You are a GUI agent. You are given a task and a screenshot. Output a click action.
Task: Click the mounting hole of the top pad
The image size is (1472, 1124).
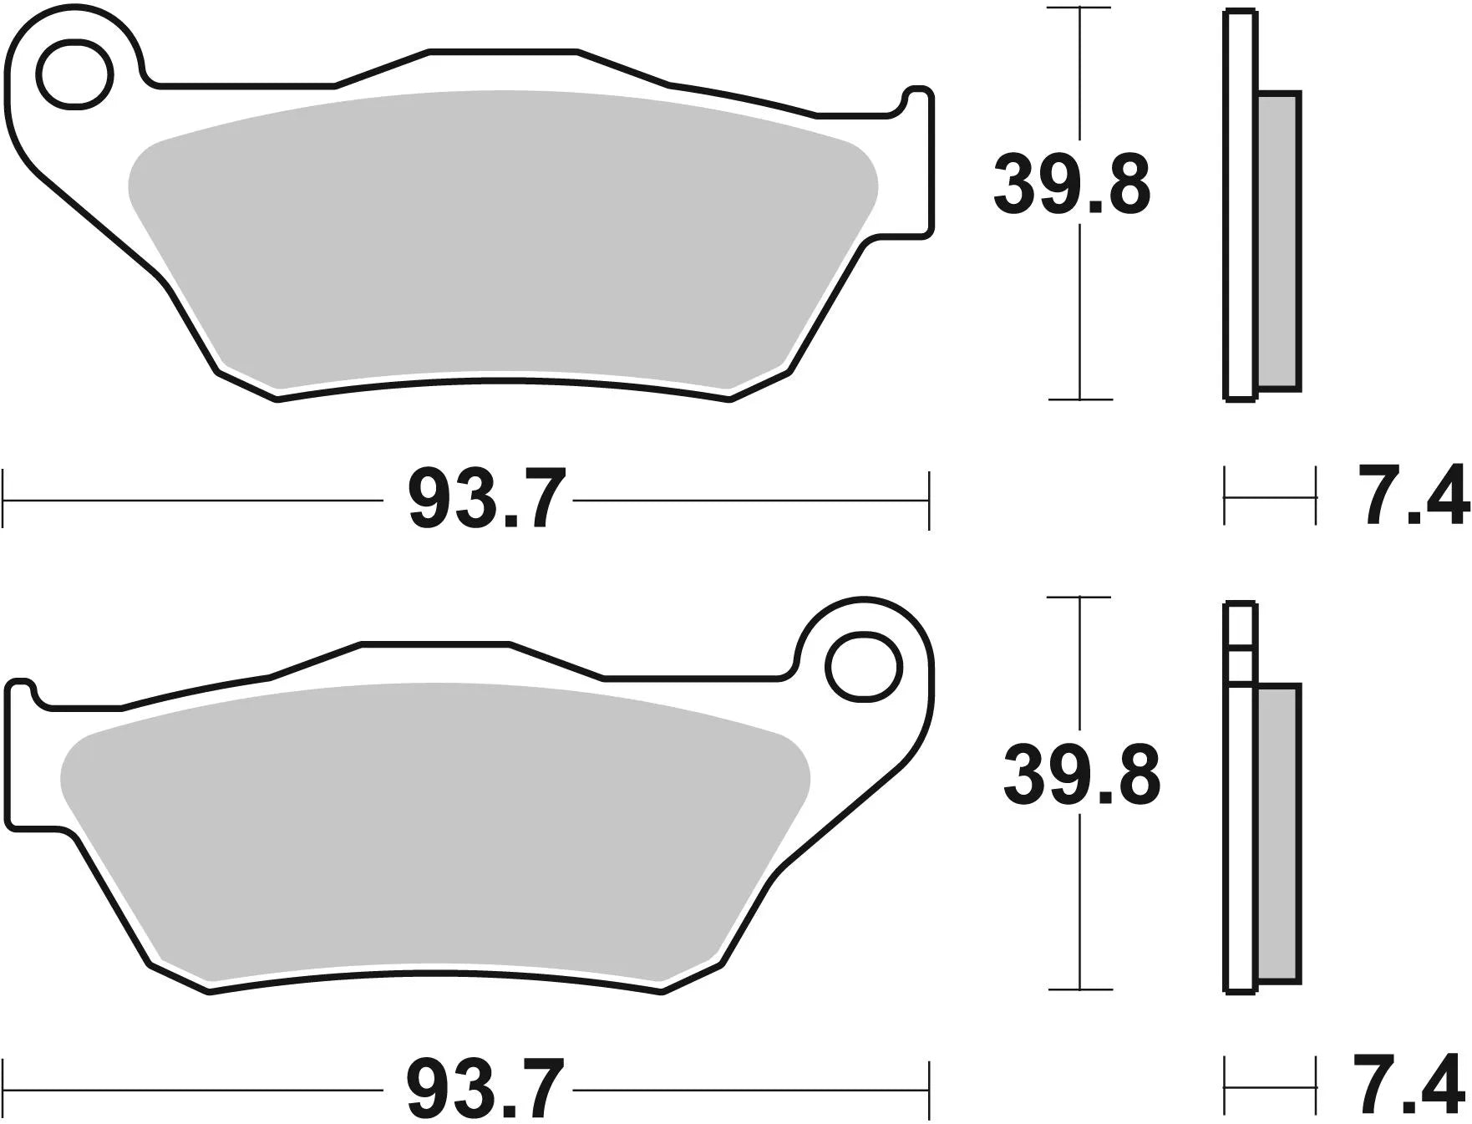point(75,74)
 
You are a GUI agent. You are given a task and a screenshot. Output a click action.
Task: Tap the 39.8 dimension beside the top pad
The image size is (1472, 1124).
point(1072,185)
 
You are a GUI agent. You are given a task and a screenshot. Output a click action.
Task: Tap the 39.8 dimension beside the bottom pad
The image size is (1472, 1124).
point(1081,776)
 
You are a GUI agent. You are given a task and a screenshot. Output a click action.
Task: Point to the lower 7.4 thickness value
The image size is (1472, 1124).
point(1413,1088)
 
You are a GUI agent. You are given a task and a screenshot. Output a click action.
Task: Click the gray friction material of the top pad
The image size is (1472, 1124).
point(501,234)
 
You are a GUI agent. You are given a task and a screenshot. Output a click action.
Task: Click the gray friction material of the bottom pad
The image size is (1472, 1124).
point(434,827)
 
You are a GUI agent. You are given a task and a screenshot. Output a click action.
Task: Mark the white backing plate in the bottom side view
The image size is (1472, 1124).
point(1241,836)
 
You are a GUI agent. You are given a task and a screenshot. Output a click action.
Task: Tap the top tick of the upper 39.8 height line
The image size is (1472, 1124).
point(1080,8)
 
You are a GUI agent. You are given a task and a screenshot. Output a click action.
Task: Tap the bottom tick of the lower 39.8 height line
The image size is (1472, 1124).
point(1080,989)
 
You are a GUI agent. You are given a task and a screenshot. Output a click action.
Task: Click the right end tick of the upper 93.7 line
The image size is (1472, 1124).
point(928,500)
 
